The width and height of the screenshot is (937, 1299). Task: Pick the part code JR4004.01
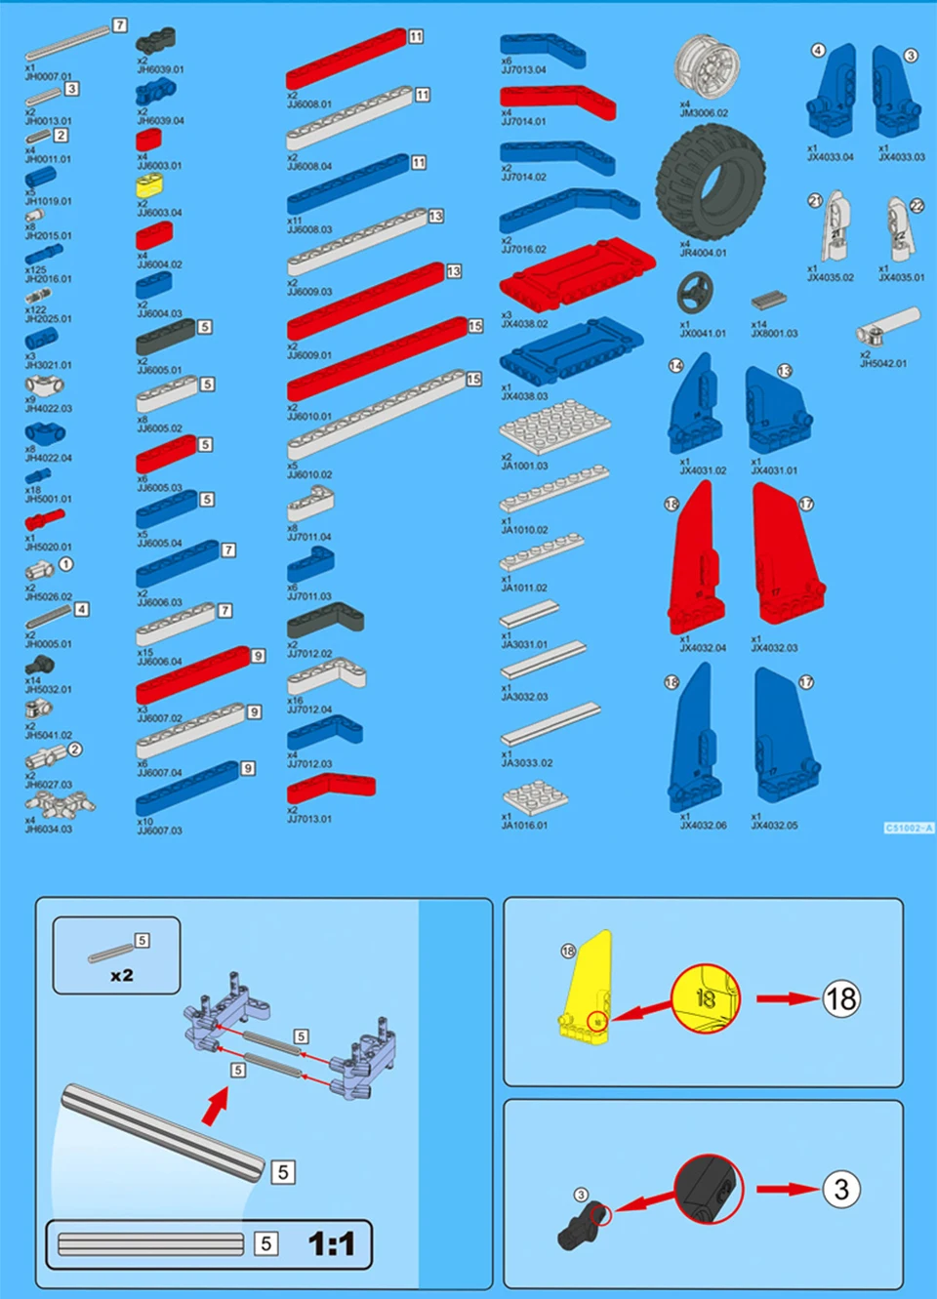703,253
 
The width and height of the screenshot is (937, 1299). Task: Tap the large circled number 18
840,998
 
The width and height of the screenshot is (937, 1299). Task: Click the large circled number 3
840,1189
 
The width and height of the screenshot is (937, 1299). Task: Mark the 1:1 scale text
331,1243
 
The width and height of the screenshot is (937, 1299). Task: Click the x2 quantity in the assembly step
122,975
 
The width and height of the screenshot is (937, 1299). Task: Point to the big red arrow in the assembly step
216,1105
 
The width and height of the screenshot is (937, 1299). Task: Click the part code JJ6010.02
309,475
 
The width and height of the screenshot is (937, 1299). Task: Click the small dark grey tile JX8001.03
768,300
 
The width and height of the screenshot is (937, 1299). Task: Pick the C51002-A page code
909,828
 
